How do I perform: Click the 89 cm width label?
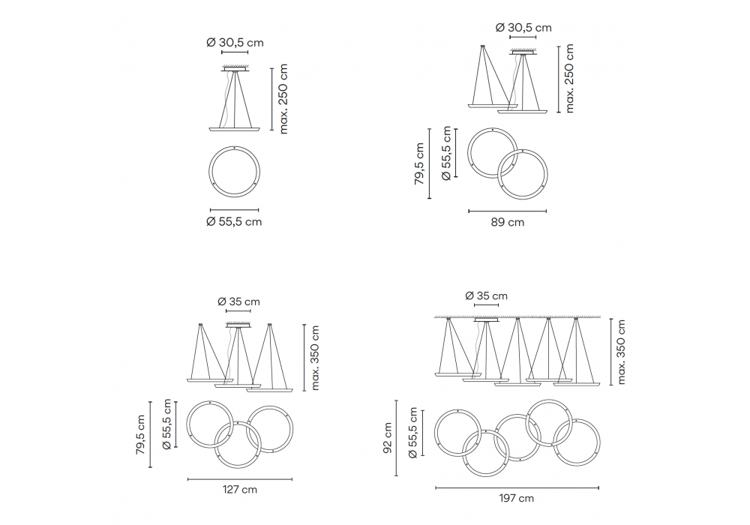(508, 222)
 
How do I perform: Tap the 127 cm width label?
(240, 490)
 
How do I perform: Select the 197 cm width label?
(517, 498)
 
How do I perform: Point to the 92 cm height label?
(388, 438)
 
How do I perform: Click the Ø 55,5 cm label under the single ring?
(234, 222)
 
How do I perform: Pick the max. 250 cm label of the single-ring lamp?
(283, 99)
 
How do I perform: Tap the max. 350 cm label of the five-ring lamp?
(621, 352)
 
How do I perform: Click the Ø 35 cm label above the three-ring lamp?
(238, 301)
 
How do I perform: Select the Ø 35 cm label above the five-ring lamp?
(487, 296)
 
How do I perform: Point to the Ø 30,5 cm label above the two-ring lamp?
(523, 28)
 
